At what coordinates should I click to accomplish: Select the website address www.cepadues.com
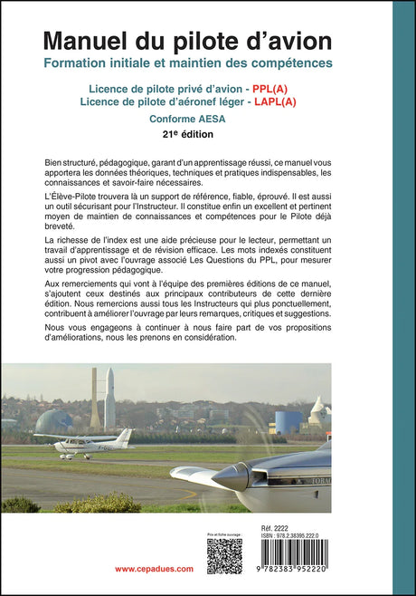154,568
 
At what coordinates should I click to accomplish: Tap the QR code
223,556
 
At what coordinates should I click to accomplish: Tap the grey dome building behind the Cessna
53,422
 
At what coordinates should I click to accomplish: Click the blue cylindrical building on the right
289,422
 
